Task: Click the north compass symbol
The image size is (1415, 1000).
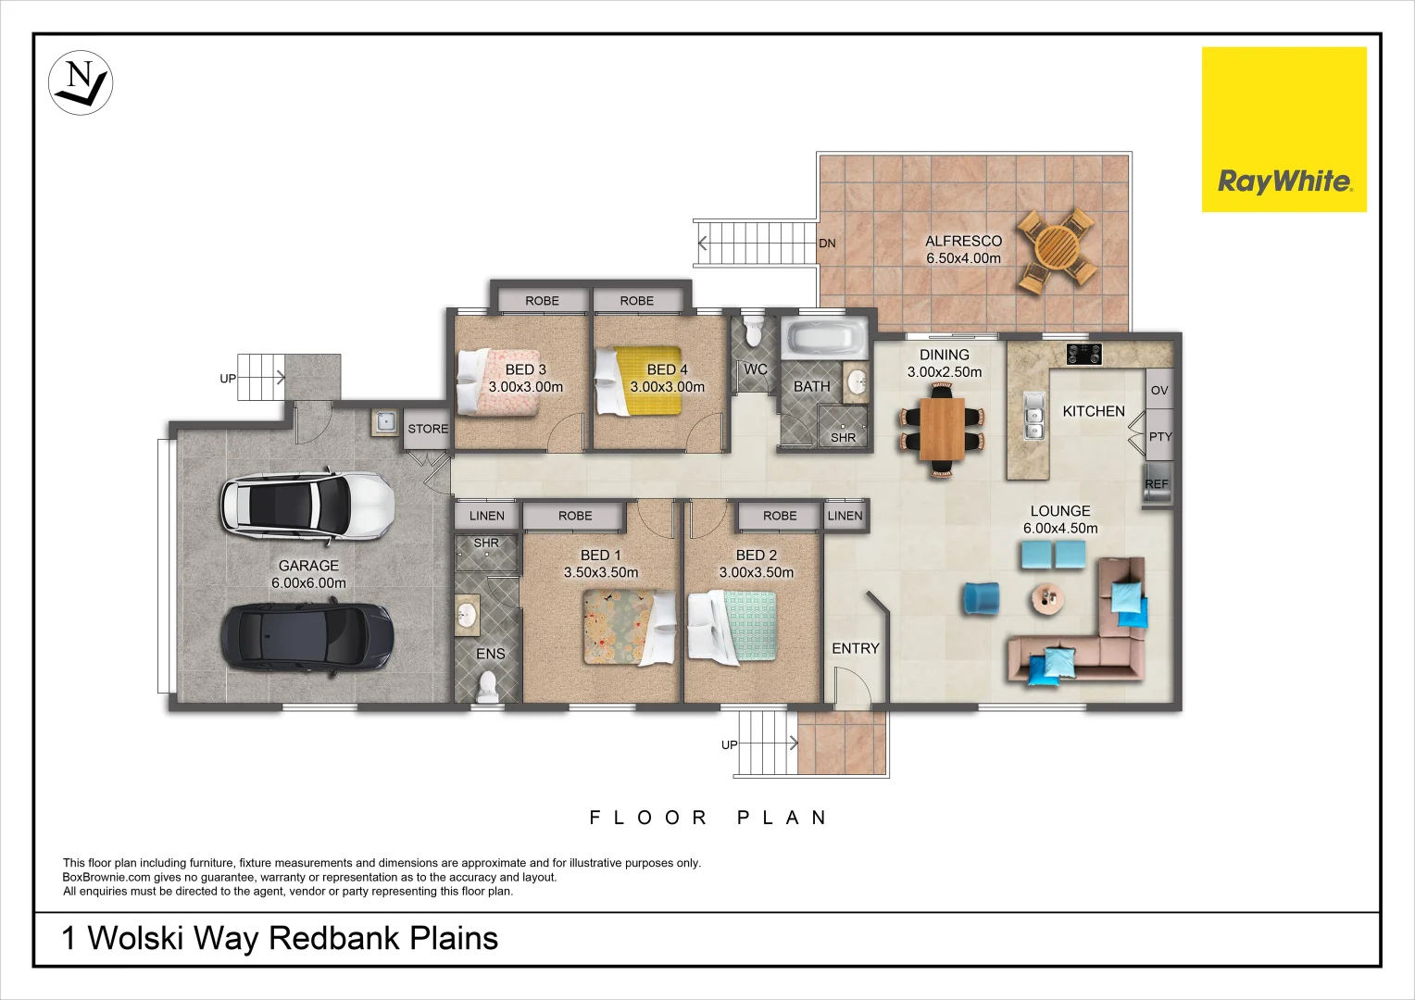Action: point(81,82)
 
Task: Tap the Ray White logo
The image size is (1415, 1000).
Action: point(1284,130)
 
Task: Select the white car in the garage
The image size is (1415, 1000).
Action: point(307,505)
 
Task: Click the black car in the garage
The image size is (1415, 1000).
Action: point(307,636)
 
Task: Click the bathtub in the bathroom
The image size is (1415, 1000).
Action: point(824,338)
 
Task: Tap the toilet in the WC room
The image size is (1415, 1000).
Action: point(754,331)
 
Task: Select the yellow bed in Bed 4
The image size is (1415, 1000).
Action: point(648,381)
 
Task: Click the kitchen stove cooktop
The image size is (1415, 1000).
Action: point(1083,354)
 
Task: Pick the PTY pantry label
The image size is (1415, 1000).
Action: point(1159,436)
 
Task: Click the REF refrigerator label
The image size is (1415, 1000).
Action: point(1157,484)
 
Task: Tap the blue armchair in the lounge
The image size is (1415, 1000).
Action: point(981,598)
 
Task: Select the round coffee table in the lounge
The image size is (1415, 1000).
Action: point(1048,599)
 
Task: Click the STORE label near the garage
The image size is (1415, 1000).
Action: point(428,429)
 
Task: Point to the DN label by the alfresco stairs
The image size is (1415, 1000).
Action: point(827,244)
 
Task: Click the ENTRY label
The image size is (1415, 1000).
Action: point(855,648)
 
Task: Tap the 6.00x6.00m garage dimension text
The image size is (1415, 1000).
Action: point(308,583)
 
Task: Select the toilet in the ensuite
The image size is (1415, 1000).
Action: point(487,686)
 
